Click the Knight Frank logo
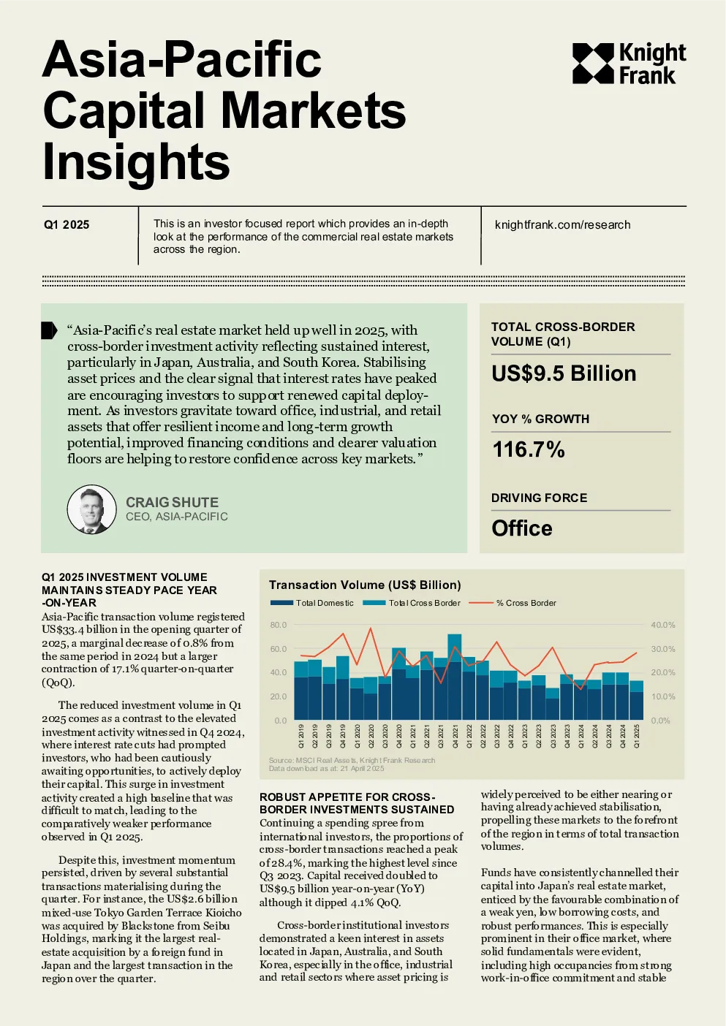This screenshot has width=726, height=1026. (x=629, y=64)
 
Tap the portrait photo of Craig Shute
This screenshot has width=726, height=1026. (x=91, y=509)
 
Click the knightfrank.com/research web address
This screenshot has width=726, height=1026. (x=562, y=224)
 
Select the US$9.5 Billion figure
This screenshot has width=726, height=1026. (x=563, y=373)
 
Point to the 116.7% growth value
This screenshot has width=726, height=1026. (x=529, y=449)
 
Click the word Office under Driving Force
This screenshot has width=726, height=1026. (x=521, y=528)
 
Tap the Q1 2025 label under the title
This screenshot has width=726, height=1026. (x=67, y=224)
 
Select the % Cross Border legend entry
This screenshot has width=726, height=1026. (x=513, y=603)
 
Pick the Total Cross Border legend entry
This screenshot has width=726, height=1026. (x=411, y=603)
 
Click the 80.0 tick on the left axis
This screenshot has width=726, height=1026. (x=279, y=625)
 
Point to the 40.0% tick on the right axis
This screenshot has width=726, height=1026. (x=662, y=625)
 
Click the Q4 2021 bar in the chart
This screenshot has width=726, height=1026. (x=455, y=677)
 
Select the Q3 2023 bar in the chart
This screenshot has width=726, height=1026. (x=552, y=704)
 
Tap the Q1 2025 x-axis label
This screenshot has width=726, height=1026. (x=637, y=736)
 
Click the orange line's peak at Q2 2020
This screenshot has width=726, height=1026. (x=371, y=628)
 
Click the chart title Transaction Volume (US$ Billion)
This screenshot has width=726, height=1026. (x=365, y=585)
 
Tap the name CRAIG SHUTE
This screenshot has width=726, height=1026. (x=172, y=502)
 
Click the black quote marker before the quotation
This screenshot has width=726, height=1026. (x=49, y=330)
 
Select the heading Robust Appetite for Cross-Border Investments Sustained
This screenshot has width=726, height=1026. (x=357, y=803)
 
